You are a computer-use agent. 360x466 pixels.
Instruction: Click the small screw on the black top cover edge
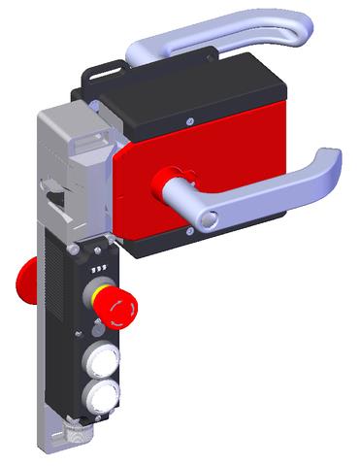pos(188,119)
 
